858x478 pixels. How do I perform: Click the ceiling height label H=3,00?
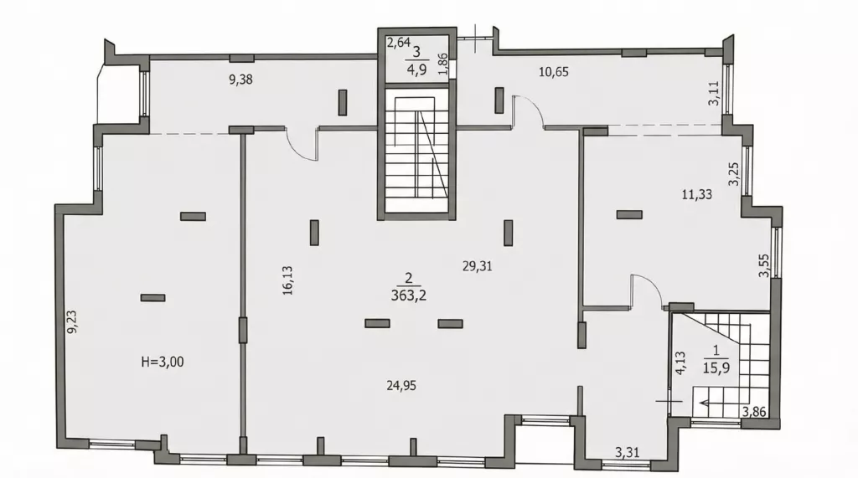163,362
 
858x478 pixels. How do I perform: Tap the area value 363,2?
409,296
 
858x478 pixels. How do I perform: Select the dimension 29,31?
477,266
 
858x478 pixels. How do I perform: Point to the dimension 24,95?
401,386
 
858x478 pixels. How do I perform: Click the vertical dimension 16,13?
288,280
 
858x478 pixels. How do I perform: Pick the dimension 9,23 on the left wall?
72,322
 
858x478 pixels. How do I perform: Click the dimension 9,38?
240,80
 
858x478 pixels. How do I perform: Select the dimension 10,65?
554,72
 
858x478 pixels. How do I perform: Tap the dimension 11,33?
696,194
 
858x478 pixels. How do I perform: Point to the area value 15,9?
716,367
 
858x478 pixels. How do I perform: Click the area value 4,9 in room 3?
416,70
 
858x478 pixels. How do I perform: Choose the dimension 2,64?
399,43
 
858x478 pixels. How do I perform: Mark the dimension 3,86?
754,412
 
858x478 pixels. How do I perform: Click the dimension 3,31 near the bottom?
627,453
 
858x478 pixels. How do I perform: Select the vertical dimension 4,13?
680,362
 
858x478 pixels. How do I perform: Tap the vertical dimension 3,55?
764,266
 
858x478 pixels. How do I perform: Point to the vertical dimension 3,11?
714,94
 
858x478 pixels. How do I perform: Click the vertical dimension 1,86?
443,64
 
